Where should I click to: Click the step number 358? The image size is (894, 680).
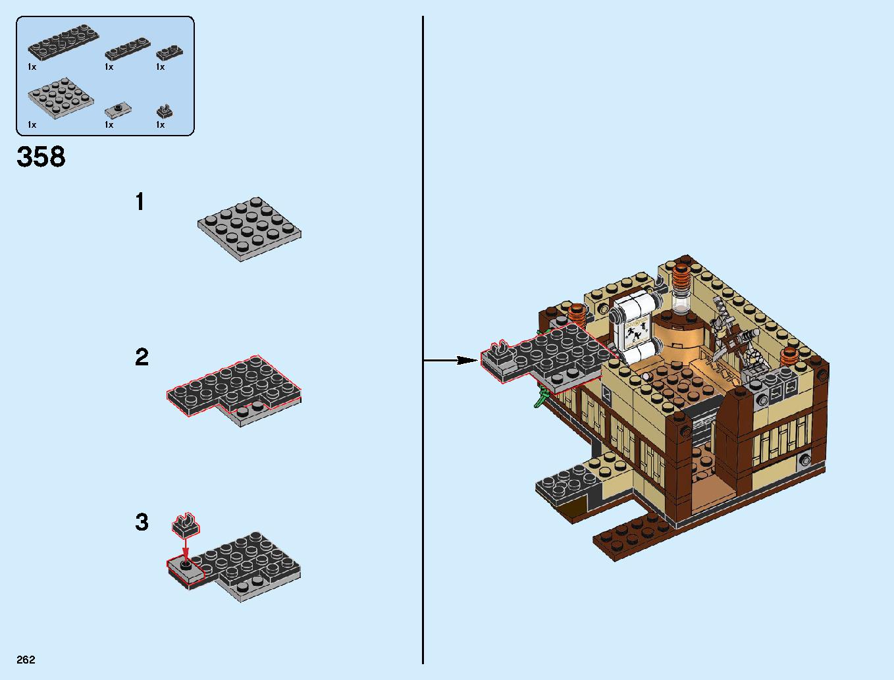coord(41,157)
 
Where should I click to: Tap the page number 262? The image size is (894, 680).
coord(26,660)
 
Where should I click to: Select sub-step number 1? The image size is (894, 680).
coord(140,201)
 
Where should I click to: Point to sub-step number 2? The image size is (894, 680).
coord(142,357)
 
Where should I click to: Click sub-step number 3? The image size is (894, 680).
coord(142,522)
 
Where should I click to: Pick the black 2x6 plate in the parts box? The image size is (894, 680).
coord(63,42)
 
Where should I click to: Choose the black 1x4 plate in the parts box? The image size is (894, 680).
coord(128,49)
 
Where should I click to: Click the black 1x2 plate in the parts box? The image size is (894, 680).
coord(169,53)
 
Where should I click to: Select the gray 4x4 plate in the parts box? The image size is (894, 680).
coord(61,98)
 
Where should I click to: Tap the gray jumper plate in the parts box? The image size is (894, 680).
coord(118,110)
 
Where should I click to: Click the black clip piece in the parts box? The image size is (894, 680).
coord(165,111)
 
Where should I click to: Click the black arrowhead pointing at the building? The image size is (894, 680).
coord(467,360)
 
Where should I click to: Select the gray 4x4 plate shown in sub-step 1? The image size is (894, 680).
coord(250,229)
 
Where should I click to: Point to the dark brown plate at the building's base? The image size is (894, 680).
coord(633,538)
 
